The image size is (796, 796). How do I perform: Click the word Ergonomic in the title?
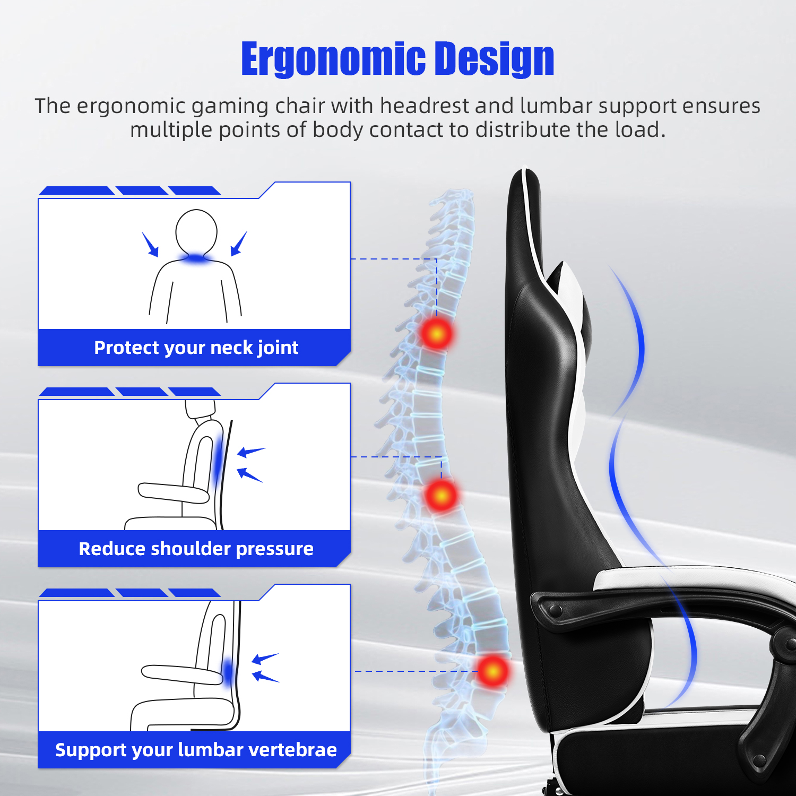(333, 59)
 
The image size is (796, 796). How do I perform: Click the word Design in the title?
(495, 59)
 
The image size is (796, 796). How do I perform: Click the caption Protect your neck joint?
(196, 348)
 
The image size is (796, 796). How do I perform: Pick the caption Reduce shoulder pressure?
(196, 549)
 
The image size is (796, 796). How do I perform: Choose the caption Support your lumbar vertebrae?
(196, 750)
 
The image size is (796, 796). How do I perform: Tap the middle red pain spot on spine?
(441, 496)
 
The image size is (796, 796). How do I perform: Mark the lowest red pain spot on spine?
(493, 671)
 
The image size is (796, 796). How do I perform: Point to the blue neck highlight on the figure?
(196, 258)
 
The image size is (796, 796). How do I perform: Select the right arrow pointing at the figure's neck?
(239, 244)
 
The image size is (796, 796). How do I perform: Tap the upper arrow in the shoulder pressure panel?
(250, 452)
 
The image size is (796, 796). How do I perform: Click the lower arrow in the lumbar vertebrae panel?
(264, 677)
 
